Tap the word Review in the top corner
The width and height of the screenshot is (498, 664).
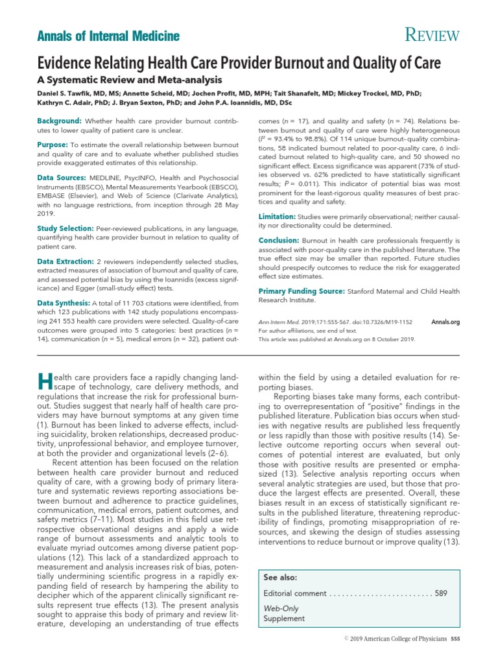click(433, 36)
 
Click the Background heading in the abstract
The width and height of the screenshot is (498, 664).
click(59, 121)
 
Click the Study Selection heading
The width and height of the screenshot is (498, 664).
click(65, 228)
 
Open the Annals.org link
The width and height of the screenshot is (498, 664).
click(445, 322)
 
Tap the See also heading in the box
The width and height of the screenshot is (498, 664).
click(281, 577)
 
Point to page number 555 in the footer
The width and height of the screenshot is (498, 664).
click(455, 639)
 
